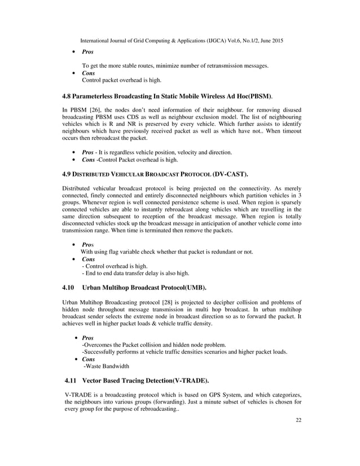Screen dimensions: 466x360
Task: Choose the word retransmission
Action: pos(215,67)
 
